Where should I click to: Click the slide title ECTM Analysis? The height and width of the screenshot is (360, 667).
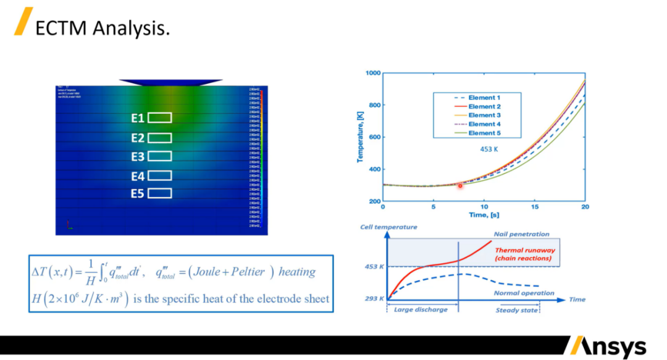click(x=102, y=28)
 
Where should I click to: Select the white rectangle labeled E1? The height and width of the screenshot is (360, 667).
click(x=160, y=118)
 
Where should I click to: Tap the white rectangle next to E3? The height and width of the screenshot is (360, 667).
click(x=160, y=156)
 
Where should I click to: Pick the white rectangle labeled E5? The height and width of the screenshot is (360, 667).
click(x=160, y=194)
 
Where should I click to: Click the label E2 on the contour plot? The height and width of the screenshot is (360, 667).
click(x=138, y=138)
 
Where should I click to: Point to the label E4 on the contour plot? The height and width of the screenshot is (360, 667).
click(x=138, y=177)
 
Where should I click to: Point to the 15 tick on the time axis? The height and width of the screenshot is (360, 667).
click(x=535, y=207)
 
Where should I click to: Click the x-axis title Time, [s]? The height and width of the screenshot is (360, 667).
click(x=484, y=215)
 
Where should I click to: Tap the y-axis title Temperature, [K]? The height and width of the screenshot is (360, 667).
click(x=359, y=137)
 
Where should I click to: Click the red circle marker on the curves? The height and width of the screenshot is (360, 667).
click(x=460, y=186)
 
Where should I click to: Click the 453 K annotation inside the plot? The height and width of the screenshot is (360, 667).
click(x=489, y=149)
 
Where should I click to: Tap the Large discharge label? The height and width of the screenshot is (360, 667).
click(x=421, y=309)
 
